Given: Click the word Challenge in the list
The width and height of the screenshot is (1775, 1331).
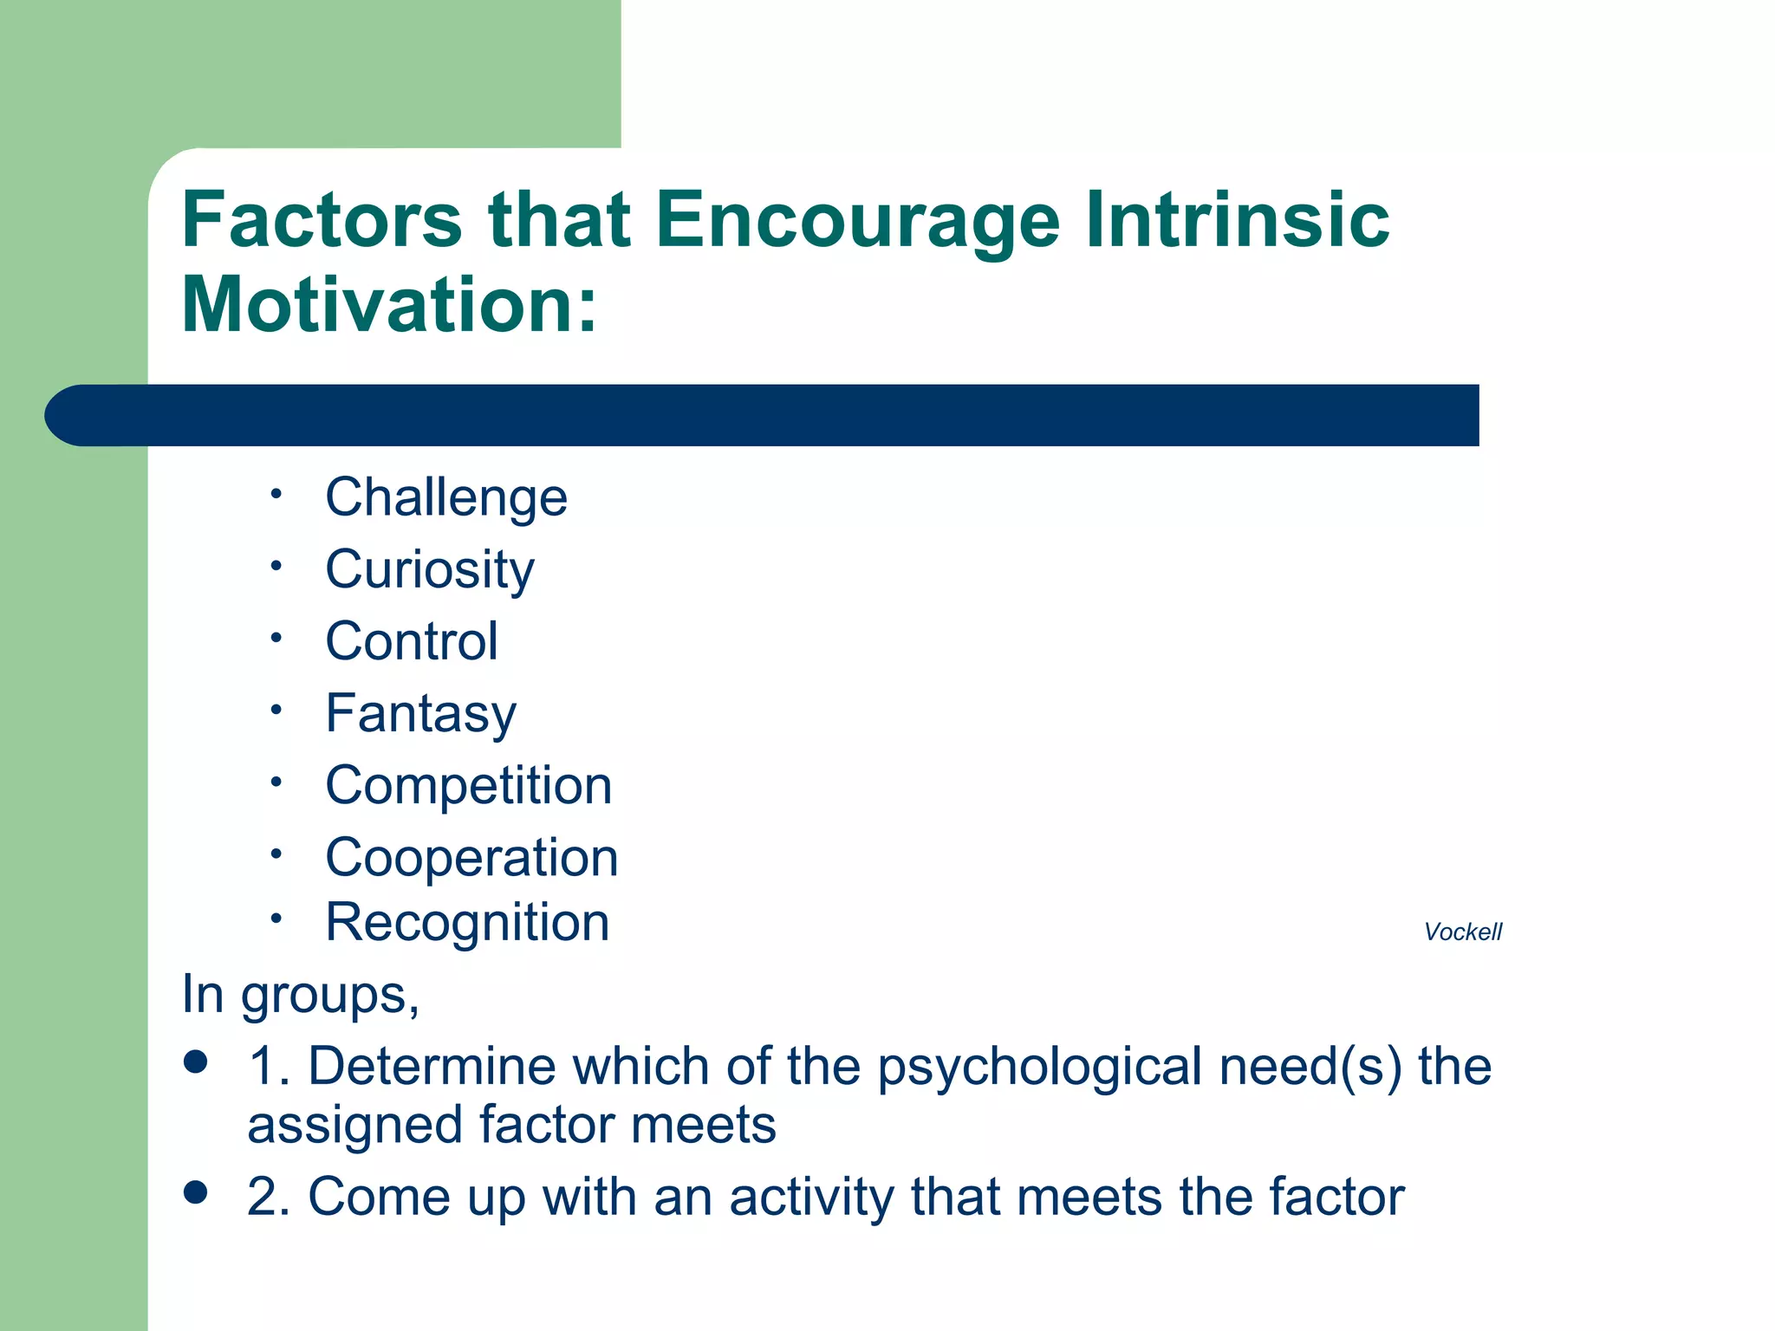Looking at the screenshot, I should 446,497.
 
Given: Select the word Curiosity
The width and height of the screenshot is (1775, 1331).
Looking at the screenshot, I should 430,570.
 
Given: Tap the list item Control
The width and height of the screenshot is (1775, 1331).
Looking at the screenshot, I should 412,641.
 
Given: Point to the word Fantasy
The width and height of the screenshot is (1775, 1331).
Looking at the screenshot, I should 421,713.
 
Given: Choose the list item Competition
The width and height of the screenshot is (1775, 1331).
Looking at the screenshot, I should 469,785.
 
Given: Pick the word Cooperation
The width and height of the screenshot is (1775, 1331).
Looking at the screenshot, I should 471,858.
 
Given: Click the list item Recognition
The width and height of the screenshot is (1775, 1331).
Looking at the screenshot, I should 467,922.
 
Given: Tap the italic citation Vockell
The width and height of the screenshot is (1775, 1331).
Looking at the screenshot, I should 1462,932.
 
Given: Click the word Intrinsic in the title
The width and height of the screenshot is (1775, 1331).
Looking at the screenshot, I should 1237,219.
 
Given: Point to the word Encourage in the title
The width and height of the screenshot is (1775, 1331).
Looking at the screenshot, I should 857,219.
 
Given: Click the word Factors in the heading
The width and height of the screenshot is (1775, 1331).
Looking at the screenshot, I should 322,219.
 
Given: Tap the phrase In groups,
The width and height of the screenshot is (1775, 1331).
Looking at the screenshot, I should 300,994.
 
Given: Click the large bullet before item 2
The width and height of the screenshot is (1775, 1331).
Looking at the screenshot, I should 197,1192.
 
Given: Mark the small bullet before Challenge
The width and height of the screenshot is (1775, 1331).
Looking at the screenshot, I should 276,494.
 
